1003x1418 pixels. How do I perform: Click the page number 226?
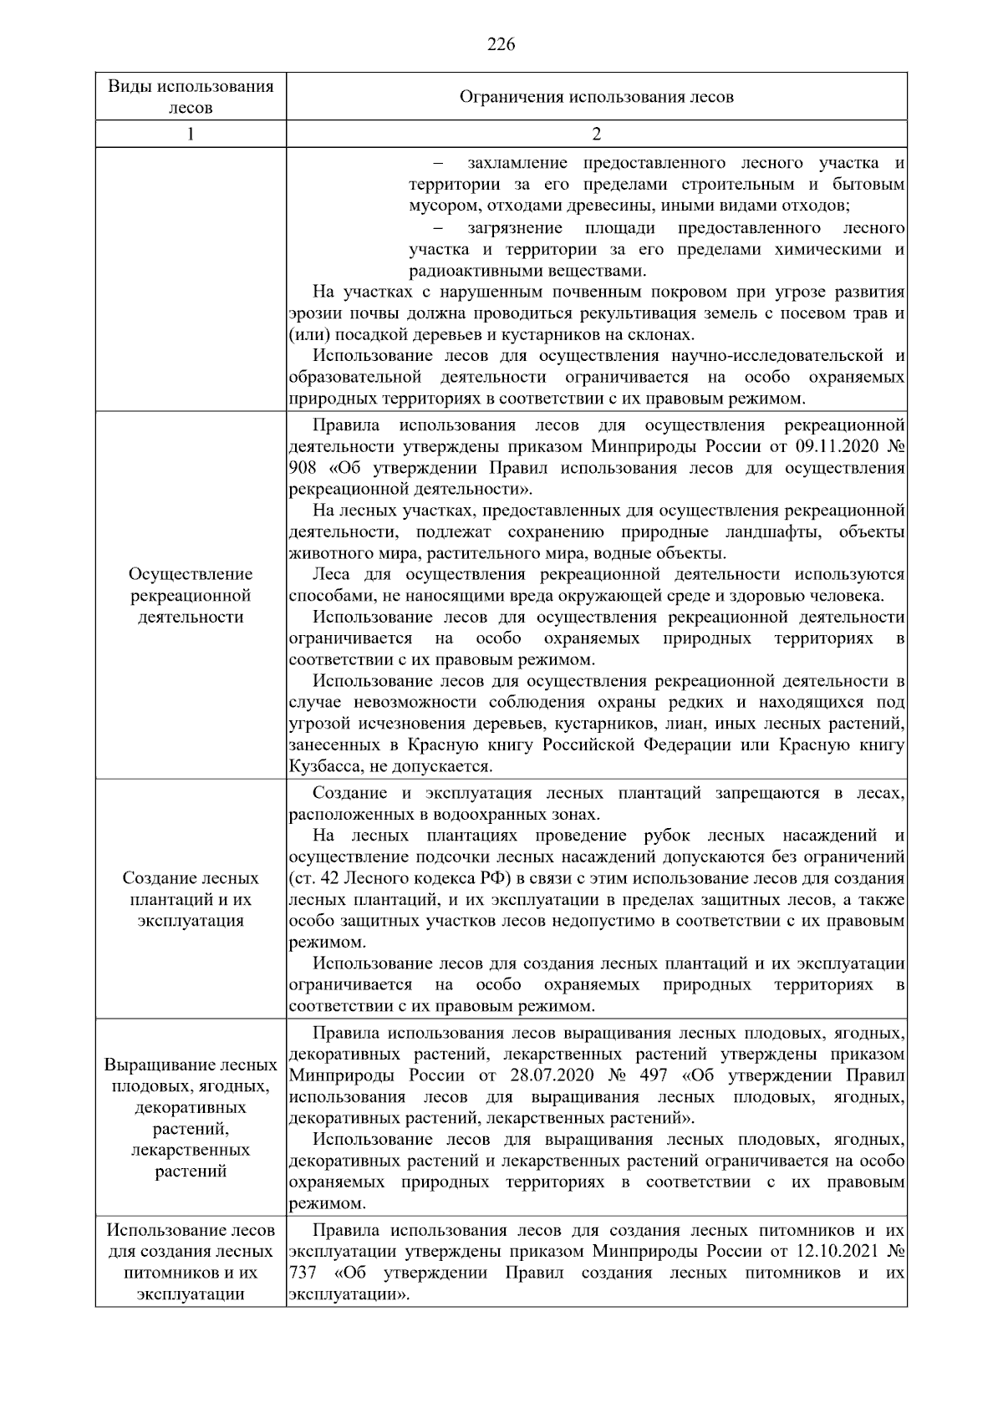pos(501,44)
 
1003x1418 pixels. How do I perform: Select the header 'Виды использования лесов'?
pos(191,97)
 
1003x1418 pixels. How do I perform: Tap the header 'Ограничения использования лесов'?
pos(596,97)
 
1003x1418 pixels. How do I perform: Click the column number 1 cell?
pos(191,134)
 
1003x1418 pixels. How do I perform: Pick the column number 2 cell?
pos(596,134)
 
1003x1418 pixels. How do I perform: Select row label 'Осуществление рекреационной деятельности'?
pos(191,596)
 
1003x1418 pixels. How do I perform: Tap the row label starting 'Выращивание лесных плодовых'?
pos(191,1118)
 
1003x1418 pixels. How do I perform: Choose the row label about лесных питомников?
pos(191,1263)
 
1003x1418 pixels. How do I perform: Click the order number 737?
pos(301,1273)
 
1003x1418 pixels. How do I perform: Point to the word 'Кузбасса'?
pos(319,766)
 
